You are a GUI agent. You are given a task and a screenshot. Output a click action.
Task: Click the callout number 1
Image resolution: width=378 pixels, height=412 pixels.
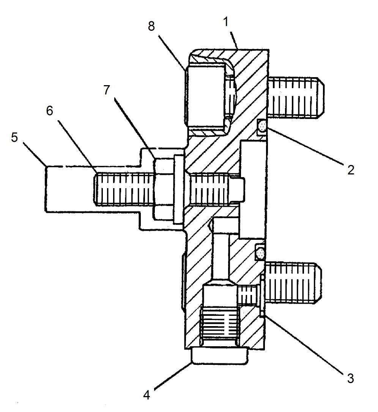[x=226, y=22]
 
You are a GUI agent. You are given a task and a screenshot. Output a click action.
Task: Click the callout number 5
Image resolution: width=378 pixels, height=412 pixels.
[x=14, y=137]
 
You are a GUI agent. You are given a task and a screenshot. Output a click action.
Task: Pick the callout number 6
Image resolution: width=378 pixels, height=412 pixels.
[x=49, y=111]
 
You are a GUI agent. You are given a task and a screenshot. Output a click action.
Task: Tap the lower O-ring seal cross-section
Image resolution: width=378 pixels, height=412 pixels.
[x=260, y=253]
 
